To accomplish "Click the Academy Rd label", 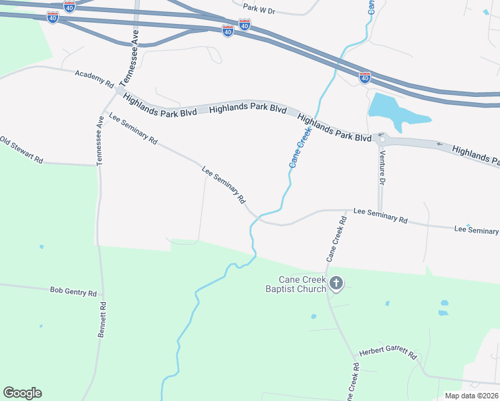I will (x=94, y=78).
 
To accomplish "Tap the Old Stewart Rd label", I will (x=22, y=151).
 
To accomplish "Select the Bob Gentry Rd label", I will (x=74, y=291).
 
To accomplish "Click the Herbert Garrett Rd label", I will (x=388, y=354).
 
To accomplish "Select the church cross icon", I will (x=336, y=284).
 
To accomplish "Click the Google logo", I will (x=22, y=393).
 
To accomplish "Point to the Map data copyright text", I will (x=471, y=396).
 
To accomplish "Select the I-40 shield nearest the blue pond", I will (x=365, y=78).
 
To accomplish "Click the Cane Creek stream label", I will (x=300, y=148).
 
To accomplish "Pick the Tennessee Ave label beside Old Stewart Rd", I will (x=101, y=140).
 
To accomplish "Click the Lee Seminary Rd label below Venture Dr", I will (x=380, y=215).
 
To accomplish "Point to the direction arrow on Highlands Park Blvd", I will (x=439, y=144).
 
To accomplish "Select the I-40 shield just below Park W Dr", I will (x=245, y=25).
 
